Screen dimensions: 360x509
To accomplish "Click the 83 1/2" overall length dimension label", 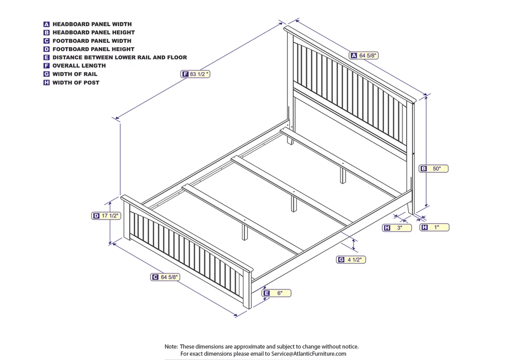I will tap(196, 74).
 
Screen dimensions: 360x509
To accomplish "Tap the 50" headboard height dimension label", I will tap(434, 169).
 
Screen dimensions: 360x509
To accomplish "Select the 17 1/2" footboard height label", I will tap(107, 216).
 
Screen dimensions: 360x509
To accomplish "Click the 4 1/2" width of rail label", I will tap(352, 259).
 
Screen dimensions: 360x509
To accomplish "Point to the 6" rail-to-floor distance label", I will tap(277, 293).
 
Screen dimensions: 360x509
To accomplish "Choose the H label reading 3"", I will tap(397, 227).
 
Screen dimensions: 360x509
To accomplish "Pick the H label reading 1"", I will tap(434, 227).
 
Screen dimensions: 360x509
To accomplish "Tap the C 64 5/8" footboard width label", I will tap(165, 277).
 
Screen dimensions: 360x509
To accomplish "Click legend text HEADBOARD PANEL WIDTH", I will tap(92, 24).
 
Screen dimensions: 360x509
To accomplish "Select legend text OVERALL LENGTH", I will tap(79, 66).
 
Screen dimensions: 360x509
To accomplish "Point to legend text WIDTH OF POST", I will tap(76, 83).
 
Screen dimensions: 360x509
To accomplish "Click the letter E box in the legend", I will tap(47, 57).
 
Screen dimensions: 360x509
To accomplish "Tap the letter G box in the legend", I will tap(47, 74).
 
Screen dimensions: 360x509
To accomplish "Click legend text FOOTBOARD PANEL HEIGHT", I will tap(93, 49).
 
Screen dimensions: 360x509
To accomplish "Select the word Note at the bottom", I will tap(171, 346).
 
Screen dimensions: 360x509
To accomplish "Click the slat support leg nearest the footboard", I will tap(244, 232).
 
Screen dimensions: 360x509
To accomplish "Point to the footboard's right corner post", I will tap(247, 289).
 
